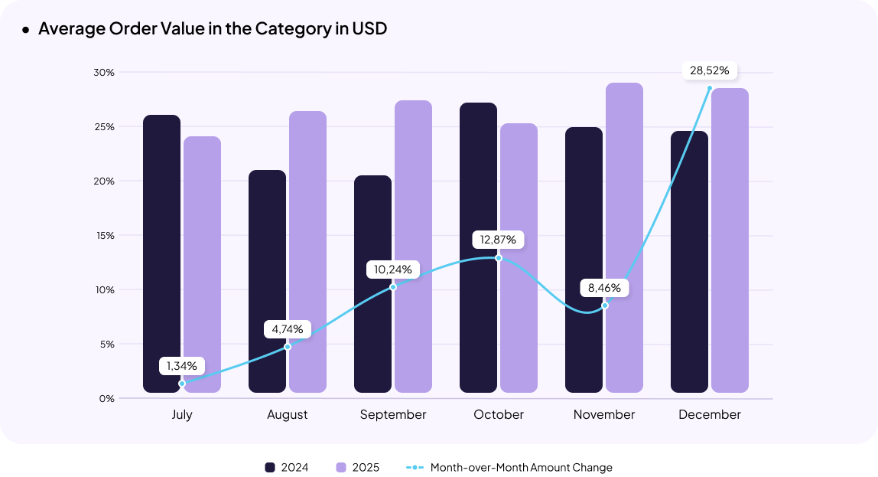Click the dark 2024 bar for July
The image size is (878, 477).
(162, 253)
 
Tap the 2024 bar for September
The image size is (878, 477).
(372, 283)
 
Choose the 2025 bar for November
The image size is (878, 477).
(624, 237)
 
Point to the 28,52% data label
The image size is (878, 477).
(709, 71)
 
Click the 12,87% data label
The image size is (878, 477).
(498, 240)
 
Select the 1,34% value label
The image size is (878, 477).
(182, 366)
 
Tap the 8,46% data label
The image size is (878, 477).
(604, 289)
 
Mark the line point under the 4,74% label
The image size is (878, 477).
(288, 347)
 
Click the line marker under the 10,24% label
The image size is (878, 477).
(393, 286)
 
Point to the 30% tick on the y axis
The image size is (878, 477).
(105, 73)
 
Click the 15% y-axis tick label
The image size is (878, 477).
(105, 236)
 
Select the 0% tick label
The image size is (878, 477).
(106, 399)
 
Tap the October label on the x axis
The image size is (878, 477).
(499, 415)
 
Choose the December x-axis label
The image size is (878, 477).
(709, 415)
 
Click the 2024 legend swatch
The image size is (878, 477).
(270, 467)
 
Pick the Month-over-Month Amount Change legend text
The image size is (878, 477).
(521, 467)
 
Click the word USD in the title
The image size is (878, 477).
(369, 29)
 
